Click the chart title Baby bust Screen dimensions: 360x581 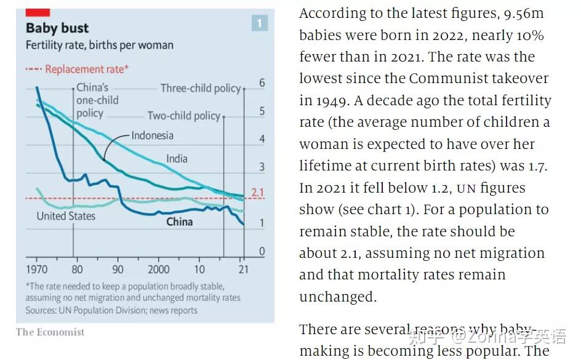click(57, 28)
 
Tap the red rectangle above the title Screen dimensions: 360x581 click(38, 12)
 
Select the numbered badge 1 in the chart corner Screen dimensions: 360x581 click(259, 23)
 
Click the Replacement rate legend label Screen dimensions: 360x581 click(86, 70)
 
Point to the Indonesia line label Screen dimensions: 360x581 click(152, 135)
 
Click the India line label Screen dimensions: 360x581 click(177, 159)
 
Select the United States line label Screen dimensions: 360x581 click(66, 216)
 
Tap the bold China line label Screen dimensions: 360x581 click(179, 222)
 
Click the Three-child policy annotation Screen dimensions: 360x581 click(200, 89)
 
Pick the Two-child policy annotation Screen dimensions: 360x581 click(183, 116)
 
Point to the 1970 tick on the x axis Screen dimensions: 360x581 click(37, 270)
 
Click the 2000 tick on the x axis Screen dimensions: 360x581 click(158, 270)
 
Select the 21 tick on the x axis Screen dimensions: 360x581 click(244, 270)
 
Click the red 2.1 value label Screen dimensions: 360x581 click(258, 193)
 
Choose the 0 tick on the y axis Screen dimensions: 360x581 click(262, 251)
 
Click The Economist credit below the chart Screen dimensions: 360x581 click(50, 332)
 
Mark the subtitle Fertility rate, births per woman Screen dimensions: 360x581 click(99, 46)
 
